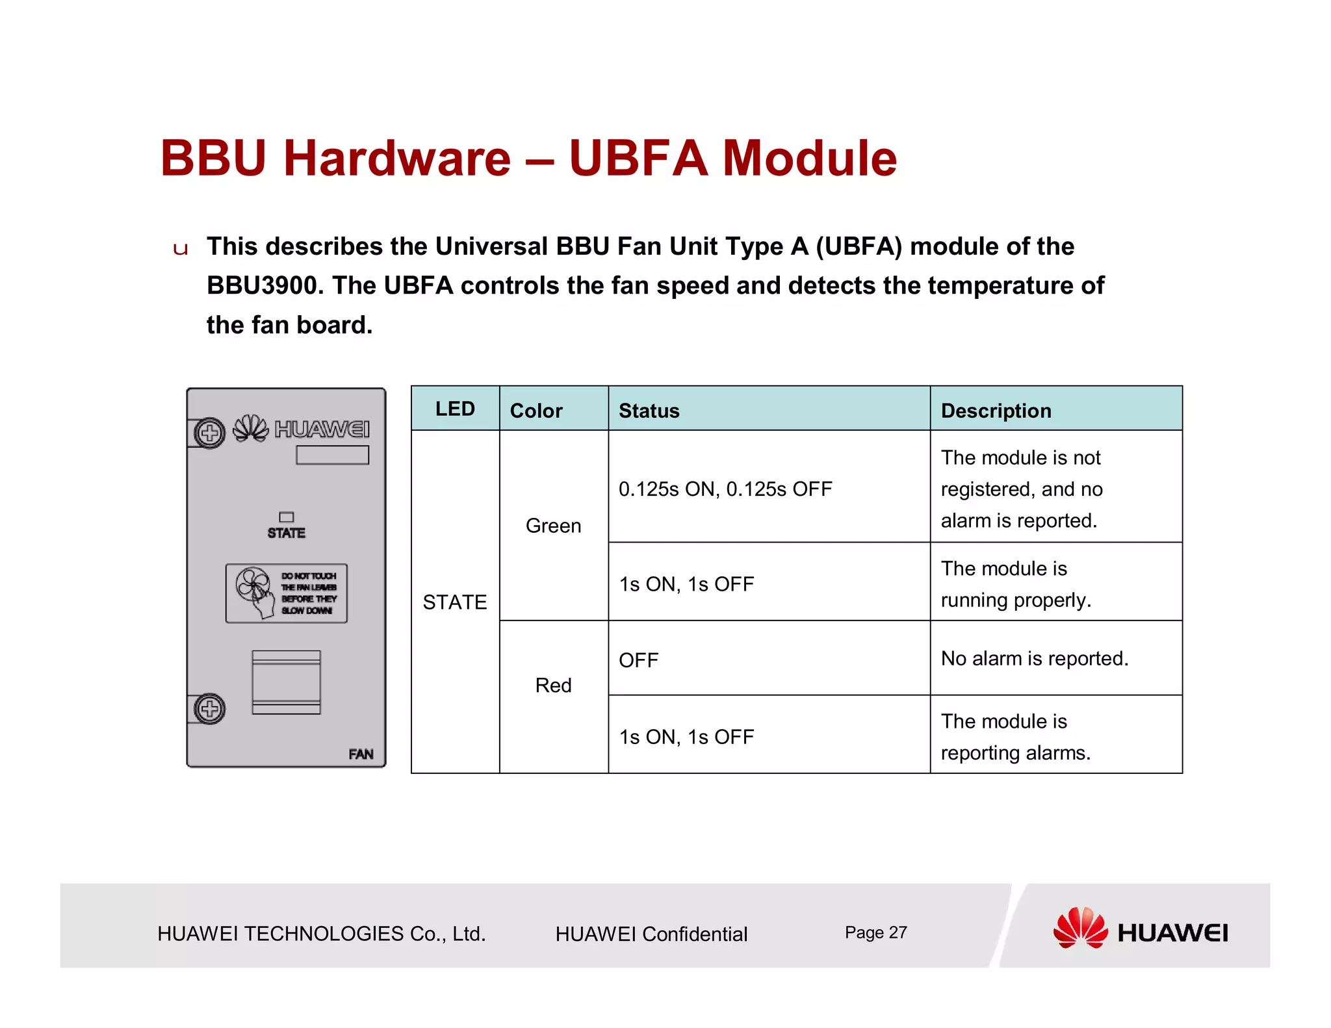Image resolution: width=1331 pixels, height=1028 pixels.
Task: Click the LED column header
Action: point(455,409)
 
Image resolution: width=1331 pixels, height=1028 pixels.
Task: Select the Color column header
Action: point(536,411)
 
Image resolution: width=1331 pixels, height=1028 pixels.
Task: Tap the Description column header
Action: point(996,411)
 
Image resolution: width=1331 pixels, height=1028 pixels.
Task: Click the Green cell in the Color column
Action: point(553,526)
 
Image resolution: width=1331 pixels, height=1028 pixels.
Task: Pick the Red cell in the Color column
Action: point(553,685)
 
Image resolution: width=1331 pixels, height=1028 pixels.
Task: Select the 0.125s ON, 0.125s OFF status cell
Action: point(725,489)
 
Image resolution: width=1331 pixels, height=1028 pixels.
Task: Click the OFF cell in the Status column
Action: point(638,660)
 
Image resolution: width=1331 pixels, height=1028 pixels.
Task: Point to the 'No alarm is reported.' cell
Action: point(1034,658)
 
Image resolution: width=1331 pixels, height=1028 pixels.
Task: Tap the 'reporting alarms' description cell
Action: point(1015,737)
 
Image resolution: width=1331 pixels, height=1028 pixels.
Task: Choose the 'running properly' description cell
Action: point(1015,584)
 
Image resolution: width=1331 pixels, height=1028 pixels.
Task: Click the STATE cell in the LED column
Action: point(454,602)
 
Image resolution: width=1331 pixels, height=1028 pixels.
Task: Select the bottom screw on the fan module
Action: point(209,709)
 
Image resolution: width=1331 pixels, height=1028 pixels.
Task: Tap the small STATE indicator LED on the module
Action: point(287,517)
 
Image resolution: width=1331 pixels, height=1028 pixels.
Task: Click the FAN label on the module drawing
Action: point(361,754)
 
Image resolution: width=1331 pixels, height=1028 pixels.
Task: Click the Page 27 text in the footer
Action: point(875,932)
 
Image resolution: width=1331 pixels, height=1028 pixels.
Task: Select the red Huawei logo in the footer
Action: point(1080,928)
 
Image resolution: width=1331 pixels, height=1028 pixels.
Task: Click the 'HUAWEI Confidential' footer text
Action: point(651,934)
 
